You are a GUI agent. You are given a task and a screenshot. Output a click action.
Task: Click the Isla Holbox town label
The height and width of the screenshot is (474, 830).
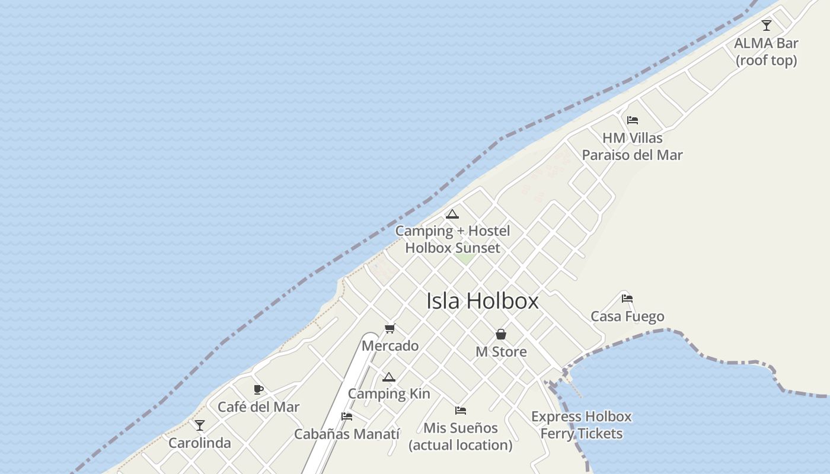[482, 301]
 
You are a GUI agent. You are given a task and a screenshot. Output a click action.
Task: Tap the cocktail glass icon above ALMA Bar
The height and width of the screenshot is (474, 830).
[767, 25]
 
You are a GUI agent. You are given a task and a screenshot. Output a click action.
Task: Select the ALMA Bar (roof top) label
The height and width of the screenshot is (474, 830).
[766, 52]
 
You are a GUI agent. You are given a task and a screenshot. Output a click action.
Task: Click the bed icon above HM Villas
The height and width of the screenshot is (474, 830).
[633, 120]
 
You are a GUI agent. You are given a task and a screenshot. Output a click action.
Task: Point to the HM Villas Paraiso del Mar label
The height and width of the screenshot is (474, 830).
[632, 146]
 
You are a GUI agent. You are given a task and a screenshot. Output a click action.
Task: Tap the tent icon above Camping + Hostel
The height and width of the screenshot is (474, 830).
[452, 214]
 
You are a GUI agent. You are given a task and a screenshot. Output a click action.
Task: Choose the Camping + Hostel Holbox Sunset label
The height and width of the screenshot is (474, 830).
[452, 239]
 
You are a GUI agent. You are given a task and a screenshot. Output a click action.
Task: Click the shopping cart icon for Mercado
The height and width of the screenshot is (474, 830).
[390, 328]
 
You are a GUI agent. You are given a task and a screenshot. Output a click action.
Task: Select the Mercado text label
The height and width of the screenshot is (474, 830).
[390, 345]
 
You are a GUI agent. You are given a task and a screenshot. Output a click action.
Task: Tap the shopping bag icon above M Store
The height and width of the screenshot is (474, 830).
[501, 334]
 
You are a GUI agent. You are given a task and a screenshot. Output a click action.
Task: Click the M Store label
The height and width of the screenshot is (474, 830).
[501, 352]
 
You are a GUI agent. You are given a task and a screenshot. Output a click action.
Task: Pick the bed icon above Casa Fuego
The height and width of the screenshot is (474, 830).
[627, 299]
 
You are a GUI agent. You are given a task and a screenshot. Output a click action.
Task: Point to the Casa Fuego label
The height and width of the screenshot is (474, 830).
[627, 316]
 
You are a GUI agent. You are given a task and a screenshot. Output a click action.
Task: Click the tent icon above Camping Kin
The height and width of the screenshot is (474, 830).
[388, 377]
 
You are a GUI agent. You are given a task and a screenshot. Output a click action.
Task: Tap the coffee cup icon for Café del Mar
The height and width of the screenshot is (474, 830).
[258, 389]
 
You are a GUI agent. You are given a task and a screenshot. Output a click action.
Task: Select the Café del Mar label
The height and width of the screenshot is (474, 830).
[258, 407]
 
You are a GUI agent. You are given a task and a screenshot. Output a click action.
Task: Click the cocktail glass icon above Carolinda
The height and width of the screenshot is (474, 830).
[200, 425]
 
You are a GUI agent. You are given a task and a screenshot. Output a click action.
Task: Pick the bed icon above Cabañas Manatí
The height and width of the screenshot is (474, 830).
[347, 417]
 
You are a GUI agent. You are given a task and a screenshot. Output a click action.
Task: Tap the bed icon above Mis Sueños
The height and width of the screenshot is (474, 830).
[461, 410]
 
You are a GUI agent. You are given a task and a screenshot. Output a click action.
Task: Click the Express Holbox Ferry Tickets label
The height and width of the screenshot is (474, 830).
[581, 425]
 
